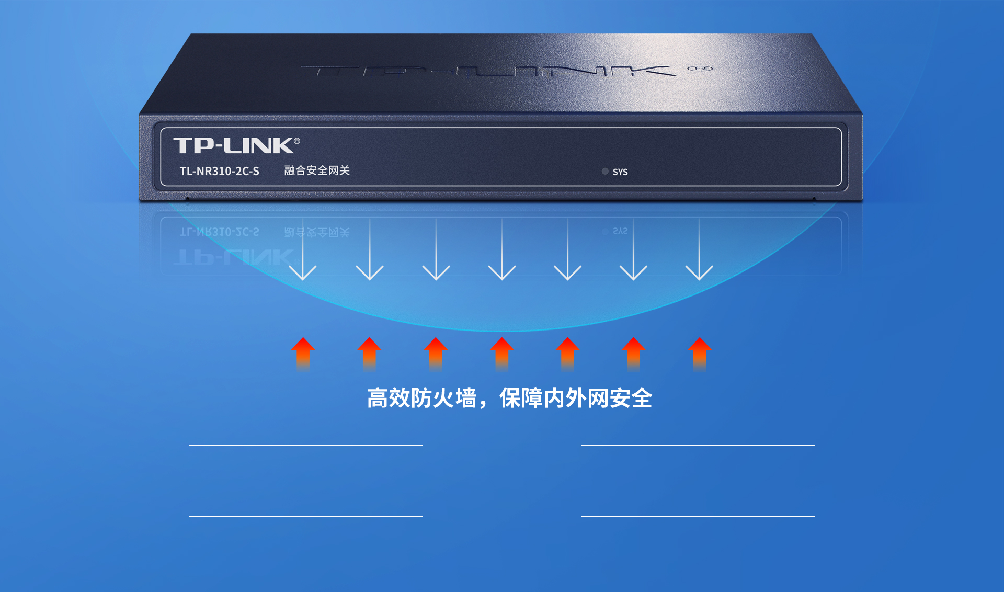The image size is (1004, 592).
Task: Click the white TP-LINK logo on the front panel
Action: (233, 145)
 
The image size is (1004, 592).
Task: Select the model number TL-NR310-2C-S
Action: (220, 171)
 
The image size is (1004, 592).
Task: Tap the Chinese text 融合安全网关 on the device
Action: (317, 170)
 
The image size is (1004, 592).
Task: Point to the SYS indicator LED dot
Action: (605, 171)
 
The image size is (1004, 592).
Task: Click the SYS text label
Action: (620, 172)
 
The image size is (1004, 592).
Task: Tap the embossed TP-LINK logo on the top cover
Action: (489, 71)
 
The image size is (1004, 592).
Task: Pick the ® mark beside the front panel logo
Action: (297, 141)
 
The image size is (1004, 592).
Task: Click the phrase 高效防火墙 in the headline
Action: (421, 398)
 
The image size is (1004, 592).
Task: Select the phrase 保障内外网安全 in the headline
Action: (576, 398)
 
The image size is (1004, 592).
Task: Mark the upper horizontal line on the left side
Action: (306, 445)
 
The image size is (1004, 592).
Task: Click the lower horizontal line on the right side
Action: (698, 516)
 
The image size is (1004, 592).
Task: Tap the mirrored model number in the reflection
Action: (220, 232)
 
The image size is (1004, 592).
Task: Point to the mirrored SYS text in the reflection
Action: (620, 231)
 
